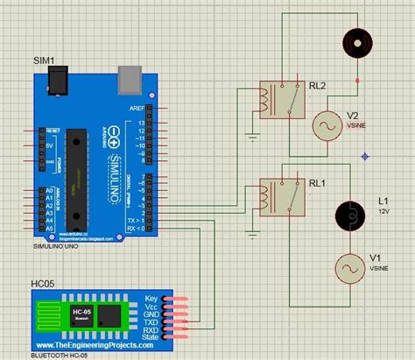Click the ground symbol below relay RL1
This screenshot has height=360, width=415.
pyautogui.click(x=252, y=234)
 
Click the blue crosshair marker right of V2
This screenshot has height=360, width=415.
pyautogui.click(x=363, y=156)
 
